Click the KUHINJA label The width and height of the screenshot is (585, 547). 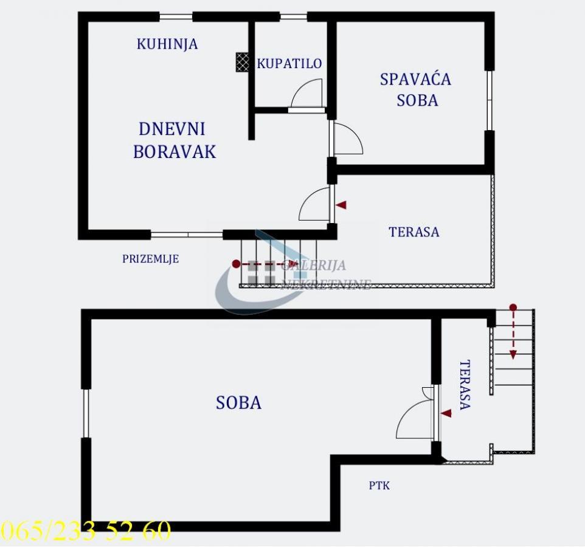coord(167,44)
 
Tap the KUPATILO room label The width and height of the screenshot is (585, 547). coord(289,63)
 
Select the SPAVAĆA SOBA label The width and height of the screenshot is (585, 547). coord(416,90)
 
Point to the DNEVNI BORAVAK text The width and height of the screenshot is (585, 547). coord(175,140)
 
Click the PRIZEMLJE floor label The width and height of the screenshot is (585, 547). coord(151,258)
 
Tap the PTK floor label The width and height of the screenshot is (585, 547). coord(379,486)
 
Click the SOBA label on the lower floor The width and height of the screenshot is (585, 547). coord(239,403)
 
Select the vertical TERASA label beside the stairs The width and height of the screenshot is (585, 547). coord(465,385)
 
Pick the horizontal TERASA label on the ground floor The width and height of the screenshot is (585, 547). coord(414,232)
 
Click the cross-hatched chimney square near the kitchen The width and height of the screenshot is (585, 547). coord(243,62)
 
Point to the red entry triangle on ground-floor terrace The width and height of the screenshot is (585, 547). coord(341,205)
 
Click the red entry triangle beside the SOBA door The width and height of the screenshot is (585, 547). coord(446,413)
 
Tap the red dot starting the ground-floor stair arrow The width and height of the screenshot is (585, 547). coord(236,264)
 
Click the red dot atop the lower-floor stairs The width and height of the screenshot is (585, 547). coord(513,308)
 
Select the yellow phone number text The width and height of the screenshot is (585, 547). coord(85,530)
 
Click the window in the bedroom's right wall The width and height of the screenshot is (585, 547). coord(490,100)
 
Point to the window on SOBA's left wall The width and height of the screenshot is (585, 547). coord(86,413)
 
